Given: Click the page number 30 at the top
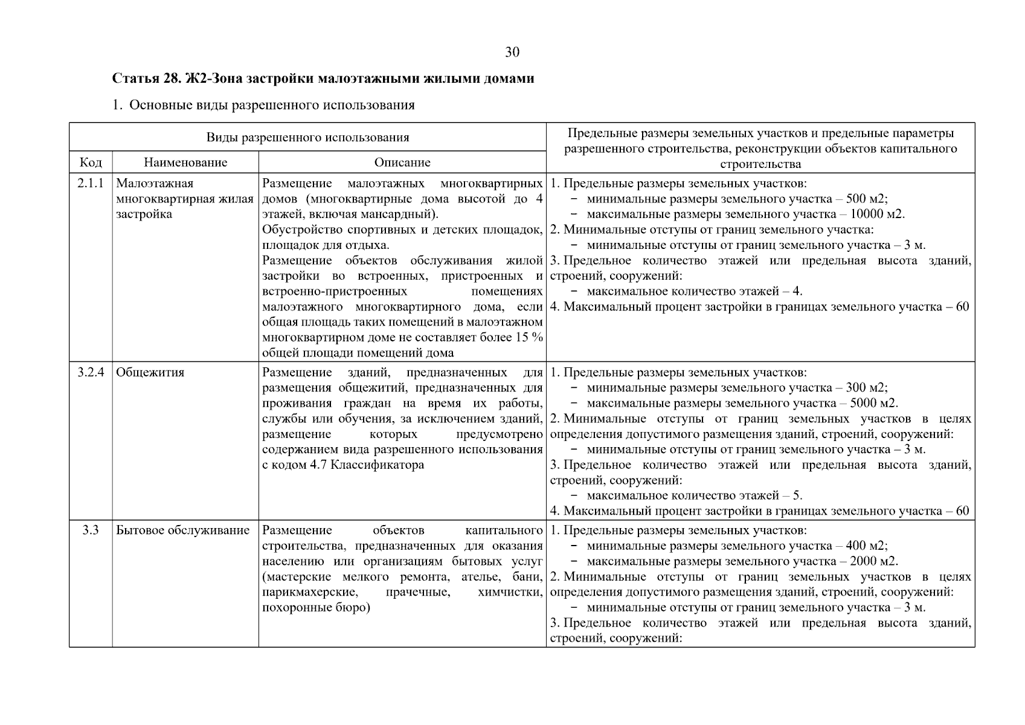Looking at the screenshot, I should pos(512,53).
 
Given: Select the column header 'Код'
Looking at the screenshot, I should pos(91,163).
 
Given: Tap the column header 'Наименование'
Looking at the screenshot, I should pos(185,163).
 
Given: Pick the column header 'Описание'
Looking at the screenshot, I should pos(402,163).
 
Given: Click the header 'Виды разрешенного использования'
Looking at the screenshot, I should pos(307,137).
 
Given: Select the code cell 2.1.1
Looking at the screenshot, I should pos(91,183).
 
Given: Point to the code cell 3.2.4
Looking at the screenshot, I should pos(91,372).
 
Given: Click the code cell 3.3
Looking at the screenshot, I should pos(91,530).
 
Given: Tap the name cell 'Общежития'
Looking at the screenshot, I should pos(150,372).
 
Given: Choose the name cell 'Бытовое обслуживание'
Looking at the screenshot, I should pos(182,530).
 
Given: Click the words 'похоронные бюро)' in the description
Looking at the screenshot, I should pos(315,607).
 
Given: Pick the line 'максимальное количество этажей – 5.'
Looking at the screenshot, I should pos(694,496).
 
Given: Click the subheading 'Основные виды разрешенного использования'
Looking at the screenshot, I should pos(272,105).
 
